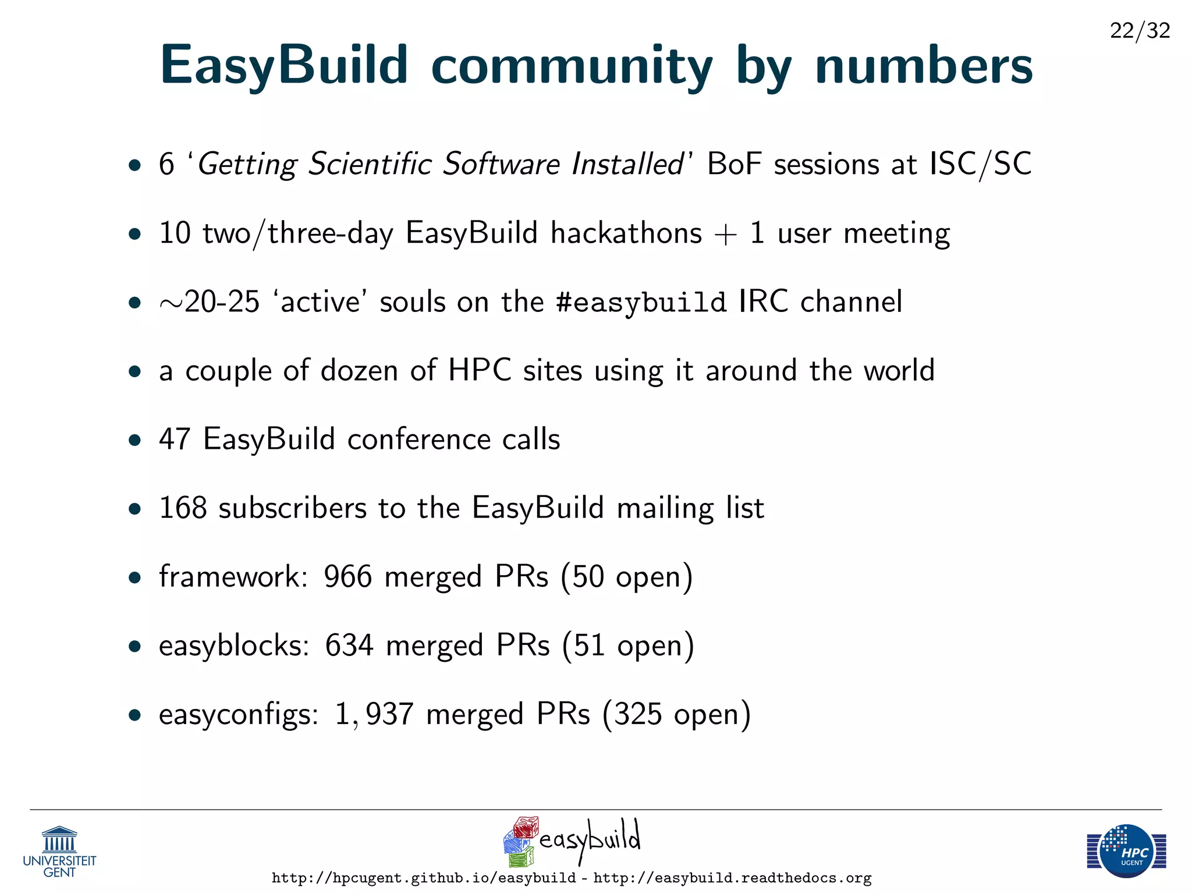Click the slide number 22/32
[x=1140, y=30]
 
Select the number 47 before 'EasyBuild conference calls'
[x=175, y=439]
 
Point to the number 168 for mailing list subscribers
[x=183, y=508]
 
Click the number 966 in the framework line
[x=347, y=577]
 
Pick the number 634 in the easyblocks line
[x=349, y=645]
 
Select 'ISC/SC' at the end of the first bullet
[x=980, y=164]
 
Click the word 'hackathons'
[x=626, y=233]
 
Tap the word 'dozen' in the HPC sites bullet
[x=359, y=371]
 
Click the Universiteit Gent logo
[x=59, y=851]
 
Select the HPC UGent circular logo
[x=1127, y=851]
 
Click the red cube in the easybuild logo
[x=526, y=827]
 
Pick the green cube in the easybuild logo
[x=521, y=857]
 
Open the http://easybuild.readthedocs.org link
[x=732, y=878]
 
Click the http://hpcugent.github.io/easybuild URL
[x=424, y=878]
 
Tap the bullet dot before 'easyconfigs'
[x=135, y=715]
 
